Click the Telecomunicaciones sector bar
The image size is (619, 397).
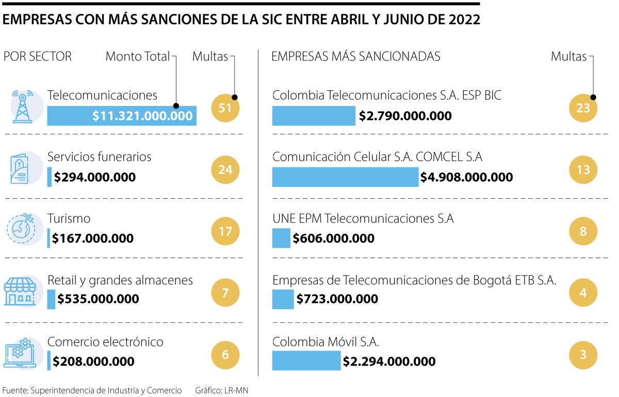pos(122,116)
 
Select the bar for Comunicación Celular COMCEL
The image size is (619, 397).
pos(345,177)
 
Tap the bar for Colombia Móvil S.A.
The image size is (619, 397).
pos(306,361)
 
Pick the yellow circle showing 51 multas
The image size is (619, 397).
pos(225,108)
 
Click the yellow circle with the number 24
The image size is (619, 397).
pos(225,169)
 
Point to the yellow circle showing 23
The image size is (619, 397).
pos(583,108)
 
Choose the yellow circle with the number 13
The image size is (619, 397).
pos(583,169)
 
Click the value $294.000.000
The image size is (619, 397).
pos(95,178)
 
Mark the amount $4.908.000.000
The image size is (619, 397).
pos(466,178)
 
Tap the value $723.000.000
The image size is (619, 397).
pos(337,299)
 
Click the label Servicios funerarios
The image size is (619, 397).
pos(100,156)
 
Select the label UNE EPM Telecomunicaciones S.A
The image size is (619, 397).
pos(363,218)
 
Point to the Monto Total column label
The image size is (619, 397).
pos(137,57)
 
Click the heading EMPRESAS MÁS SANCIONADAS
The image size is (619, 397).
pos(356,57)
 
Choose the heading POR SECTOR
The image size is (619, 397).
pos(38,57)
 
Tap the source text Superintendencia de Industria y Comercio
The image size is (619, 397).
pos(106,390)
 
